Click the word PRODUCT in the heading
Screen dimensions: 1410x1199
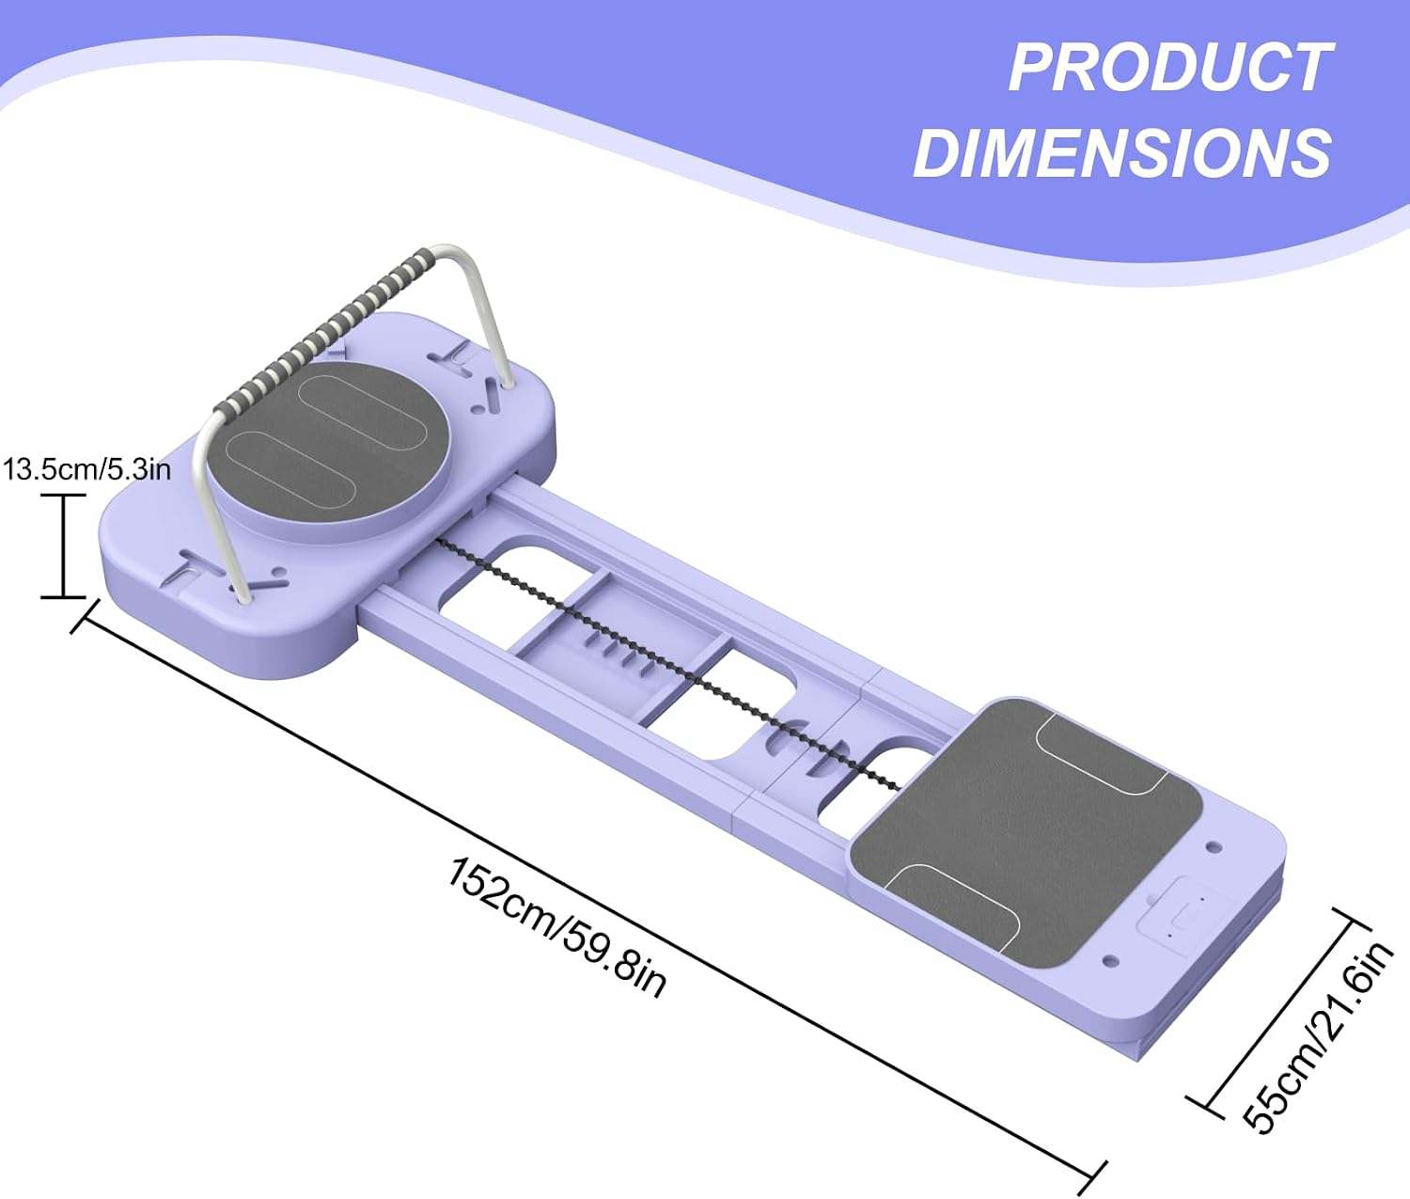1170,68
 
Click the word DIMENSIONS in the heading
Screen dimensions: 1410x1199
1122,151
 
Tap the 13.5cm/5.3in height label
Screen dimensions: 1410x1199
86,469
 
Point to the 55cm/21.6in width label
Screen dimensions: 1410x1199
1318,1036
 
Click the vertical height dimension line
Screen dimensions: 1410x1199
64,546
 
